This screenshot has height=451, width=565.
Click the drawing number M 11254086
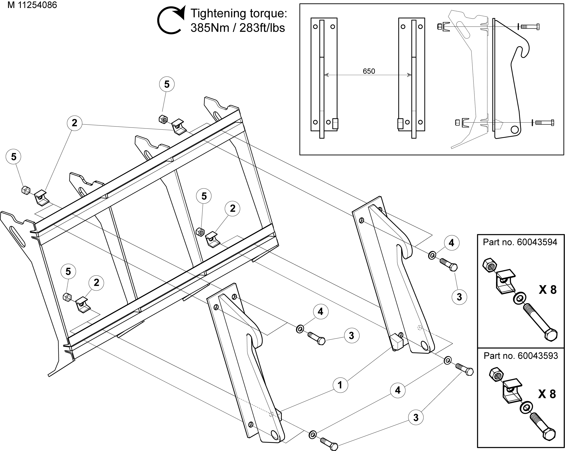tap(32, 5)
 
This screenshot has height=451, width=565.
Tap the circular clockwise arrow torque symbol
tap(171, 20)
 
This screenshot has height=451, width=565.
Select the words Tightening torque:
tap(239, 13)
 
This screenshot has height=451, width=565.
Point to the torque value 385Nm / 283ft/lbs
tap(237, 28)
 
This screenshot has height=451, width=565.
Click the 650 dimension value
tap(369, 71)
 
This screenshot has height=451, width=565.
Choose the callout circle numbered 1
tap(340, 385)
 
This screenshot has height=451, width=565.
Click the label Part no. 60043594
tap(520, 242)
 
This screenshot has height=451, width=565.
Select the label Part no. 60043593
tap(521, 356)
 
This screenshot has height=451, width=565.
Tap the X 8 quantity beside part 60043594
tap(547, 290)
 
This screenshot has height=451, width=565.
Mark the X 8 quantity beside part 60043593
tap(547, 394)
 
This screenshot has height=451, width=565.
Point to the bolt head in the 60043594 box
tap(551, 335)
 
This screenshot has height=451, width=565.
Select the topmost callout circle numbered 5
tap(167, 84)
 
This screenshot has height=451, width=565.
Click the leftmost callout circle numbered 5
tap(14, 157)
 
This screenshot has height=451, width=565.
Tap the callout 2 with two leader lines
tap(75, 123)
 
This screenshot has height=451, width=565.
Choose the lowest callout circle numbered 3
tap(416, 417)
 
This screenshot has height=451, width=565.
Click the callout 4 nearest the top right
tap(451, 243)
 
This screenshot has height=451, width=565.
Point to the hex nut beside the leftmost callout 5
tap(26, 190)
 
